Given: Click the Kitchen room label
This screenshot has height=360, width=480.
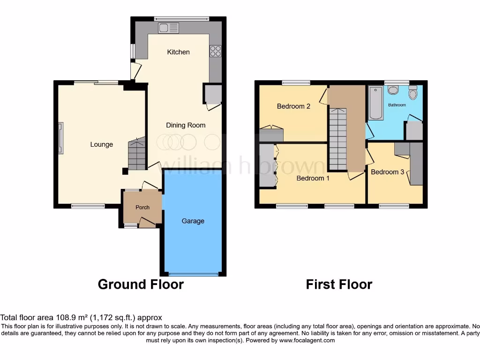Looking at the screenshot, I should [178, 52].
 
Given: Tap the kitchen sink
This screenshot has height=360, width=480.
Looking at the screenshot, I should [169, 28].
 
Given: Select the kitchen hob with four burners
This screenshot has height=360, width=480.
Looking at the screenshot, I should [216, 51].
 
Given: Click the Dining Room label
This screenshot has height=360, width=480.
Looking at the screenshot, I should [186, 125].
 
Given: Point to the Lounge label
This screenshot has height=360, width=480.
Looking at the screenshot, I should [102, 144].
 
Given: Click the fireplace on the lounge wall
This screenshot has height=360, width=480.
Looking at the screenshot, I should [60, 138].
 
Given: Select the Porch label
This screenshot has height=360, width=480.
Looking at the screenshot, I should [142, 207].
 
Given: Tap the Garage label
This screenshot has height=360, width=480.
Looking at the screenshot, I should [193, 221].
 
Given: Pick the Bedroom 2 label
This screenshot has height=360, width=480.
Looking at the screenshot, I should [293, 106].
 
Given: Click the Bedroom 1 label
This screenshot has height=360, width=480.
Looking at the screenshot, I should [313, 178].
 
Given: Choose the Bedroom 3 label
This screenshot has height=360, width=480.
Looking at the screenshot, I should [387, 172].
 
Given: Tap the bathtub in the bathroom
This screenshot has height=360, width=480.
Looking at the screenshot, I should [376, 102].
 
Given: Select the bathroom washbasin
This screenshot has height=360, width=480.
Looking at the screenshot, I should [393, 90].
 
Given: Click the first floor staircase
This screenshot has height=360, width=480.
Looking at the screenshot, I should [337, 139].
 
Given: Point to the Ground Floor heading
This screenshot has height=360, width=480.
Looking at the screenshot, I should [141, 284].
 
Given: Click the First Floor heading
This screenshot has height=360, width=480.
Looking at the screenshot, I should [339, 284].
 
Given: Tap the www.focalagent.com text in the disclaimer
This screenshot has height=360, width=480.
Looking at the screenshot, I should [308, 340].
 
